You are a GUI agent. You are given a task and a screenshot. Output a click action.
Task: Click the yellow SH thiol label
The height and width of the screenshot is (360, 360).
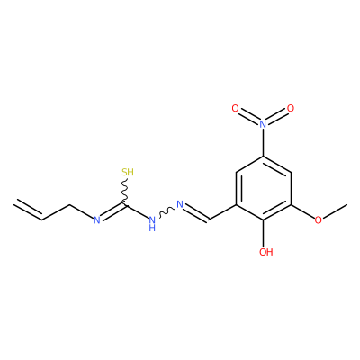pyautogui.click(x=128, y=173)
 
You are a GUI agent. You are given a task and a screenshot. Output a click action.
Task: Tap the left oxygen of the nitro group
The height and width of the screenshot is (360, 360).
pyautogui.click(x=236, y=109)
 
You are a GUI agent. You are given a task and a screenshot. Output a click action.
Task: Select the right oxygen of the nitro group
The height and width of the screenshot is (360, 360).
pyautogui.click(x=291, y=109)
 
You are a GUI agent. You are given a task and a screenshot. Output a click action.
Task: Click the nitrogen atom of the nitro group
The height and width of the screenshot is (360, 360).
pyautogui.click(x=263, y=124)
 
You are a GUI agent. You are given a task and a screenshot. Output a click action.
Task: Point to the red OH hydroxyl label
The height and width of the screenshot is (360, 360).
pyautogui.click(x=266, y=252)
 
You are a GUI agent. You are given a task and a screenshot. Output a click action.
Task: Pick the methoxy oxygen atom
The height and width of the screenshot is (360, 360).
pyautogui.click(x=319, y=220)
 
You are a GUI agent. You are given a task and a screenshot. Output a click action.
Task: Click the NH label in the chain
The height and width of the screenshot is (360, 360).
pyautogui.click(x=152, y=224)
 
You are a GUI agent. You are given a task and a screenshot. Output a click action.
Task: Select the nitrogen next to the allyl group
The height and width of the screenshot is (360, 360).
pyautogui.click(x=96, y=220)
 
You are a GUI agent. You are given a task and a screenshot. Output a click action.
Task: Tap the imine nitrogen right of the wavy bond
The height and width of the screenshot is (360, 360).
pyautogui.click(x=180, y=204)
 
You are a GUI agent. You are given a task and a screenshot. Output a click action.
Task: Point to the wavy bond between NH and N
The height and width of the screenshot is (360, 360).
pyautogui.click(x=166, y=212)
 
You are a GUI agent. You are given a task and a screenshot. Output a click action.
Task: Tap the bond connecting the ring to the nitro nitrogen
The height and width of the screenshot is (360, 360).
pyautogui.click(x=263, y=143)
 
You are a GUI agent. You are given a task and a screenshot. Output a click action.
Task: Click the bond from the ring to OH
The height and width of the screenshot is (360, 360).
pyautogui.click(x=263, y=234)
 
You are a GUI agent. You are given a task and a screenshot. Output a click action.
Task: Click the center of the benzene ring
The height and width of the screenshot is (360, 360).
pyautogui.click(x=263, y=188)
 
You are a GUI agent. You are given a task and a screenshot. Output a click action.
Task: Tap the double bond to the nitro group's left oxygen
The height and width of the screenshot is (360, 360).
pyautogui.click(x=248, y=117)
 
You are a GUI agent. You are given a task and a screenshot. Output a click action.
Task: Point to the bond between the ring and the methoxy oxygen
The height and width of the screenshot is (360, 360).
pyautogui.click(x=302, y=212)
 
